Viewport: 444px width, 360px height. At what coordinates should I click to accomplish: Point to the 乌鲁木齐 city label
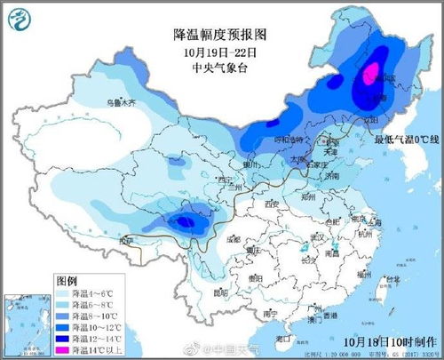[x=121, y=104]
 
